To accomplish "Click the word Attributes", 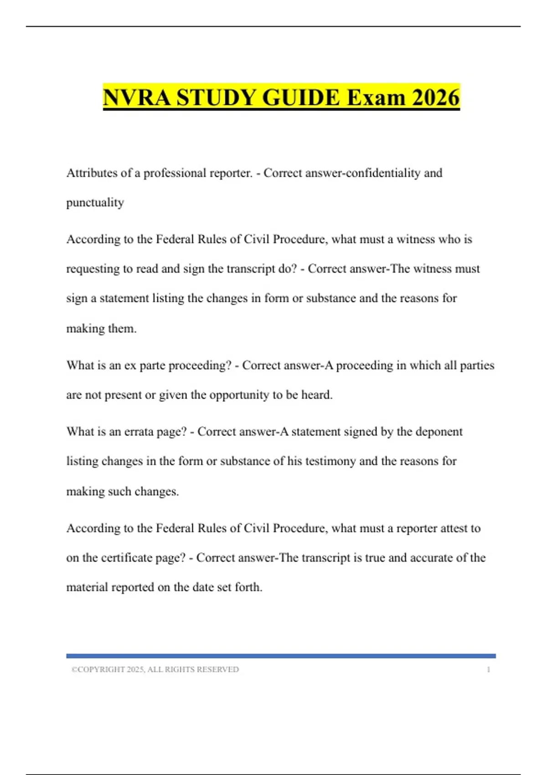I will [92, 173].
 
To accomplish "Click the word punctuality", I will [95, 202].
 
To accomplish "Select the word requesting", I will [93, 269].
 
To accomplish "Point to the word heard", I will [316, 395].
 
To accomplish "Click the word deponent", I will [438, 432].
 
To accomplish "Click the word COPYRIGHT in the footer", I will [101, 670].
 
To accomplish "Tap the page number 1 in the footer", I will [488, 670].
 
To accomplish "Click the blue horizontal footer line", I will [281, 656].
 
